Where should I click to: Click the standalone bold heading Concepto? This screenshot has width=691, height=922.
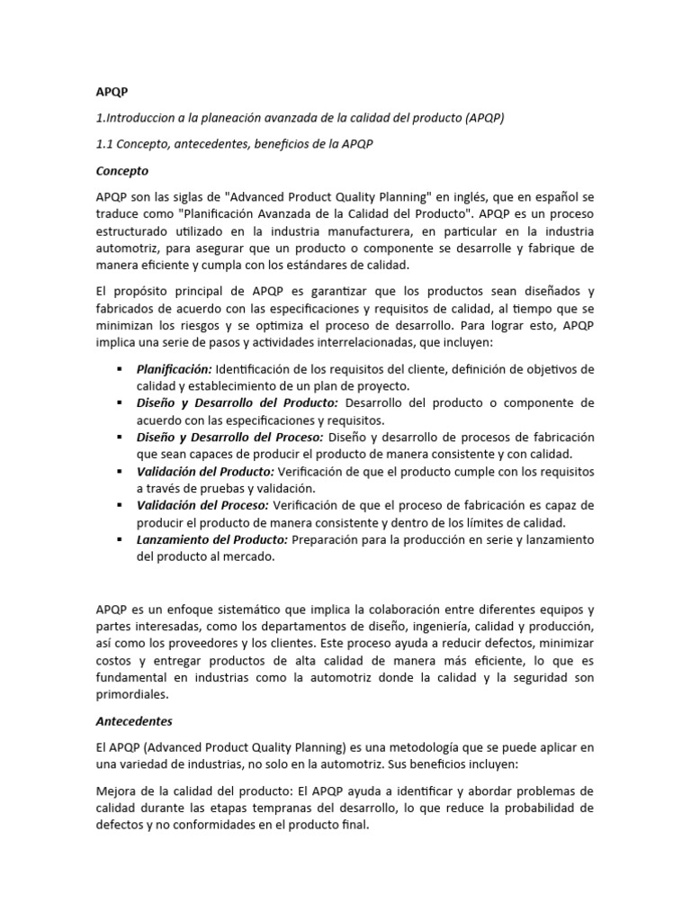coord(122,170)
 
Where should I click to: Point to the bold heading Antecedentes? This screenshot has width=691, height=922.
coord(133,721)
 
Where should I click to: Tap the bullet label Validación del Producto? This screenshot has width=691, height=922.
coord(205,471)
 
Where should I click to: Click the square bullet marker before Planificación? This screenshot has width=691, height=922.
coord(119,369)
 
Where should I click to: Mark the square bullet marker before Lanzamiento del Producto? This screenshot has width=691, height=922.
coord(119,538)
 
